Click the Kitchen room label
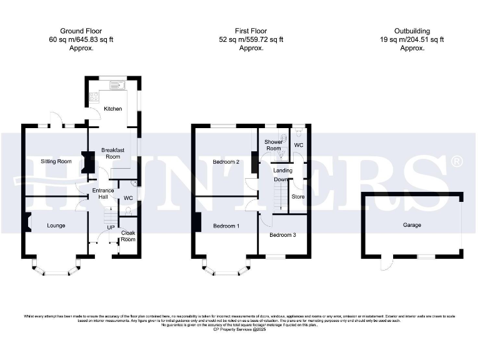[x=113, y=108]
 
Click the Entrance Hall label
[x=103, y=194]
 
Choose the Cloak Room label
[x=128, y=236]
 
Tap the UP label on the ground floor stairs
[x=110, y=227]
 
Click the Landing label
[x=283, y=170]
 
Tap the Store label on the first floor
[x=298, y=196]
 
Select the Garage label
[x=411, y=225]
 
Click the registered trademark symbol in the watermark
[x=457, y=162]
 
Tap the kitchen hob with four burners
[x=93, y=97]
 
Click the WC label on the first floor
[x=299, y=145]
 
